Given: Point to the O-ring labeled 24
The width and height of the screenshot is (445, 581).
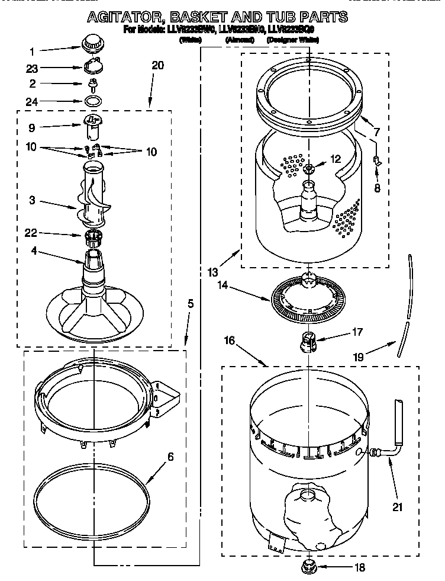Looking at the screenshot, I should (93, 101).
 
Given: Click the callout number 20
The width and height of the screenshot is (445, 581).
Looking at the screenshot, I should (157, 66).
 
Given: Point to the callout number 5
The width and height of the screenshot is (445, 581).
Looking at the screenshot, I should (191, 303).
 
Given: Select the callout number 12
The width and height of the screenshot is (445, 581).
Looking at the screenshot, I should (336, 158).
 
